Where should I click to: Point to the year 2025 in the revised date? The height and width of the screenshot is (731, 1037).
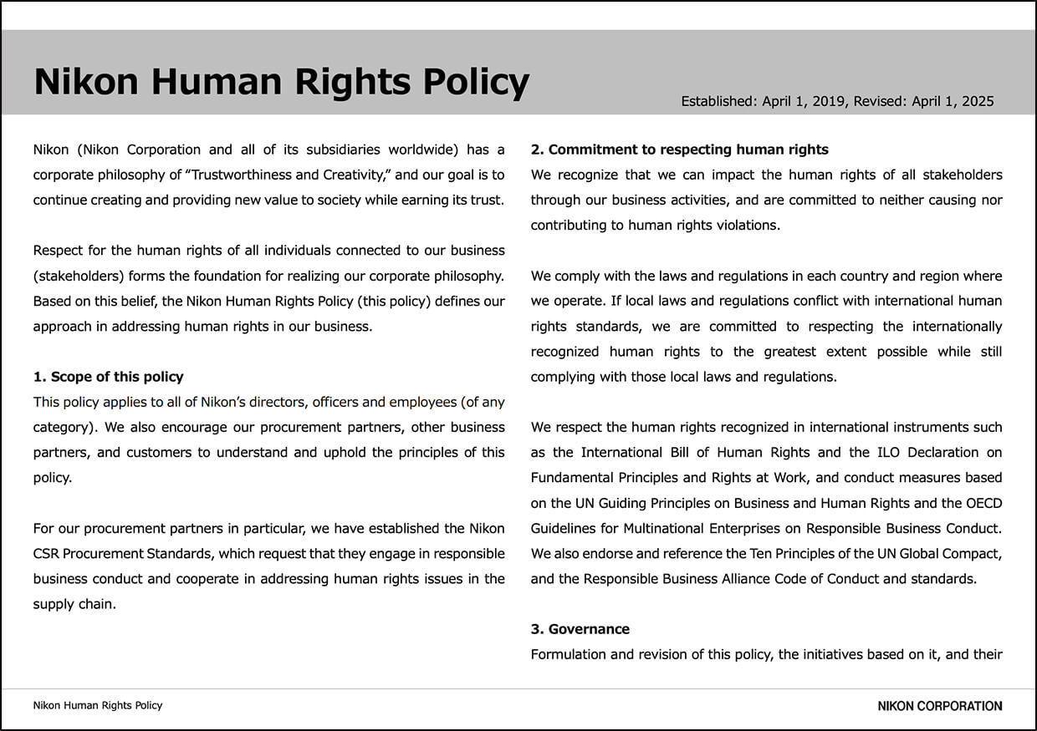[978, 101]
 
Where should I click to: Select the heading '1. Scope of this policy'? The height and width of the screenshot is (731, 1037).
[108, 377]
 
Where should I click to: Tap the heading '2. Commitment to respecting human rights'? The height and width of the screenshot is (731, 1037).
[679, 150]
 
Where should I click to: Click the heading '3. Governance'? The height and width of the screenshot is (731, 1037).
[580, 628]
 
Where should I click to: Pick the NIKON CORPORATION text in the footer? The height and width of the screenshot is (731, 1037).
[939, 706]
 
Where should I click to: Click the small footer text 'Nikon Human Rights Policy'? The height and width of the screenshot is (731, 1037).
[98, 705]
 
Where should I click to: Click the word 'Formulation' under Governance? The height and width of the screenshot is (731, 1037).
[567, 653]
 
